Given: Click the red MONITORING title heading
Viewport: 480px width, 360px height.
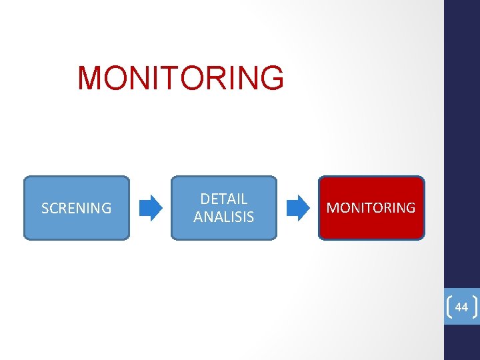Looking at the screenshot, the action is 181,78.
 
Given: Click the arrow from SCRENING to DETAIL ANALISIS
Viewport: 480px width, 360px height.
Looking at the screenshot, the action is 151,208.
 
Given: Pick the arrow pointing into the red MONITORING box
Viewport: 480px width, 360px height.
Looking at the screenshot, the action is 298,208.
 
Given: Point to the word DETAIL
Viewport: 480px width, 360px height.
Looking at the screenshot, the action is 224,199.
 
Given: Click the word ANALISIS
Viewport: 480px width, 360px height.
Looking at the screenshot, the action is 224,217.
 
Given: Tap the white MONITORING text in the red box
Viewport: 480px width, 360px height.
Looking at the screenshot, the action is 371,208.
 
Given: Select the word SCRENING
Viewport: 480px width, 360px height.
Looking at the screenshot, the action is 77,208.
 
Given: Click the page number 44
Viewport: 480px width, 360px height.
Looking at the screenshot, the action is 461,307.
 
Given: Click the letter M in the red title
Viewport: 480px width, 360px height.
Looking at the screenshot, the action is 90,78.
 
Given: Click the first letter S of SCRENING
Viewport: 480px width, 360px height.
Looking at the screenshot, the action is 45,208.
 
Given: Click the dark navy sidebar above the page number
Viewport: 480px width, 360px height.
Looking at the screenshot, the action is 462,133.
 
